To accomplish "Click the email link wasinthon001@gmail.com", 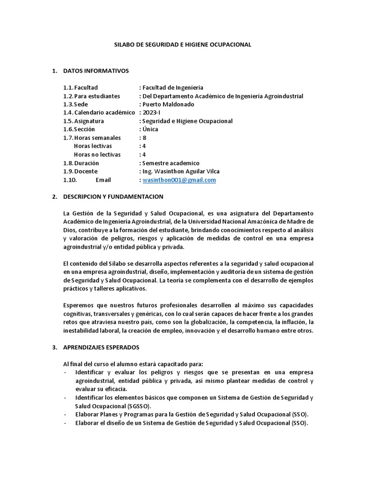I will pos(179,180).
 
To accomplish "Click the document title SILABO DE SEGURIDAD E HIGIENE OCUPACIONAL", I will pos(183,44).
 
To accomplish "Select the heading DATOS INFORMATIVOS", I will pos(96,71).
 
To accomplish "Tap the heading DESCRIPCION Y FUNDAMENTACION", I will pos(113,196).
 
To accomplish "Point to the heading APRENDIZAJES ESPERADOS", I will pos(101,347).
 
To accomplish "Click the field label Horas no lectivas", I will pos(97,155).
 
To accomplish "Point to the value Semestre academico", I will pos(171,163).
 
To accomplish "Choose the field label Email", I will pos(103,180).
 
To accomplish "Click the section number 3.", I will pos(54,347).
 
